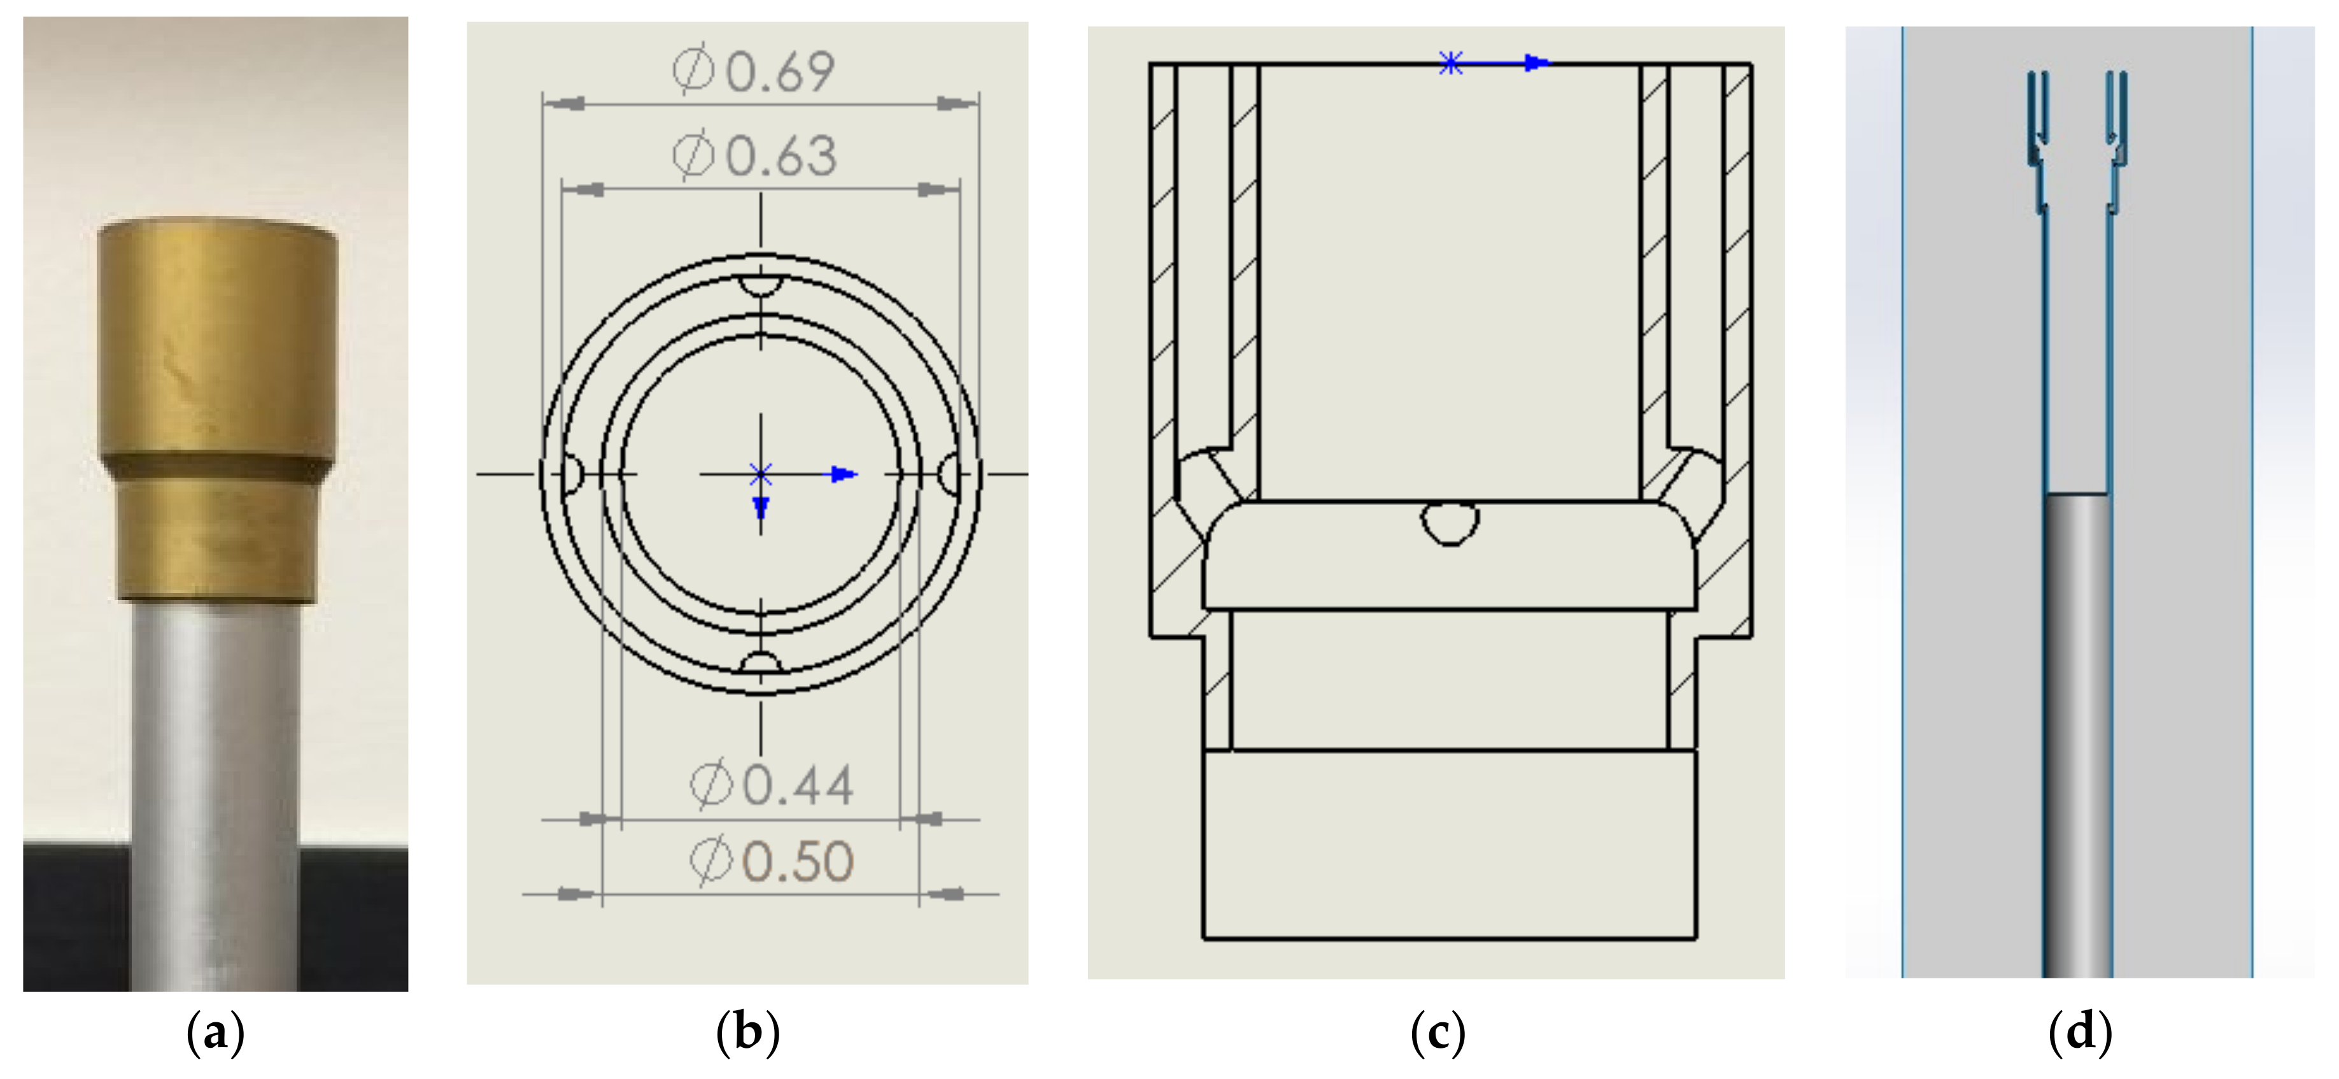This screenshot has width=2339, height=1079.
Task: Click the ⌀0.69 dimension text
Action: tap(754, 71)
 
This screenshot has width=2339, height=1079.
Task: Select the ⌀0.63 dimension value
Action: tap(754, 155)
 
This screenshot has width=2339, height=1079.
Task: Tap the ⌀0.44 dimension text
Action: tap(772, 785)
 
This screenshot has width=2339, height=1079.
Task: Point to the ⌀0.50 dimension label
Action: tap(772, 861)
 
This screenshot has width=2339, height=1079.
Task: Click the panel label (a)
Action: tap(215, 1033)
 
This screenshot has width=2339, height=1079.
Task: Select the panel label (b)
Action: tap(747, 1033)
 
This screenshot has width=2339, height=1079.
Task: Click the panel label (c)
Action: tap(1438, 1033)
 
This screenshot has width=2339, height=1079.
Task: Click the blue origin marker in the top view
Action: tap(761, 473)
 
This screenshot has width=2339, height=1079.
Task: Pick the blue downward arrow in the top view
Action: tap(761, 507)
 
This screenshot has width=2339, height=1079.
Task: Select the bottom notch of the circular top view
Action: tap(761, 662)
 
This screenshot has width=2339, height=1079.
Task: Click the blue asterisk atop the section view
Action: tap(1450, 64)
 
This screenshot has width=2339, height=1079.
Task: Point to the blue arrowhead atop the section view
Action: tap(1536, 64)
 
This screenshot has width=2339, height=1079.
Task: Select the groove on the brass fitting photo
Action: tap(216, 469)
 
